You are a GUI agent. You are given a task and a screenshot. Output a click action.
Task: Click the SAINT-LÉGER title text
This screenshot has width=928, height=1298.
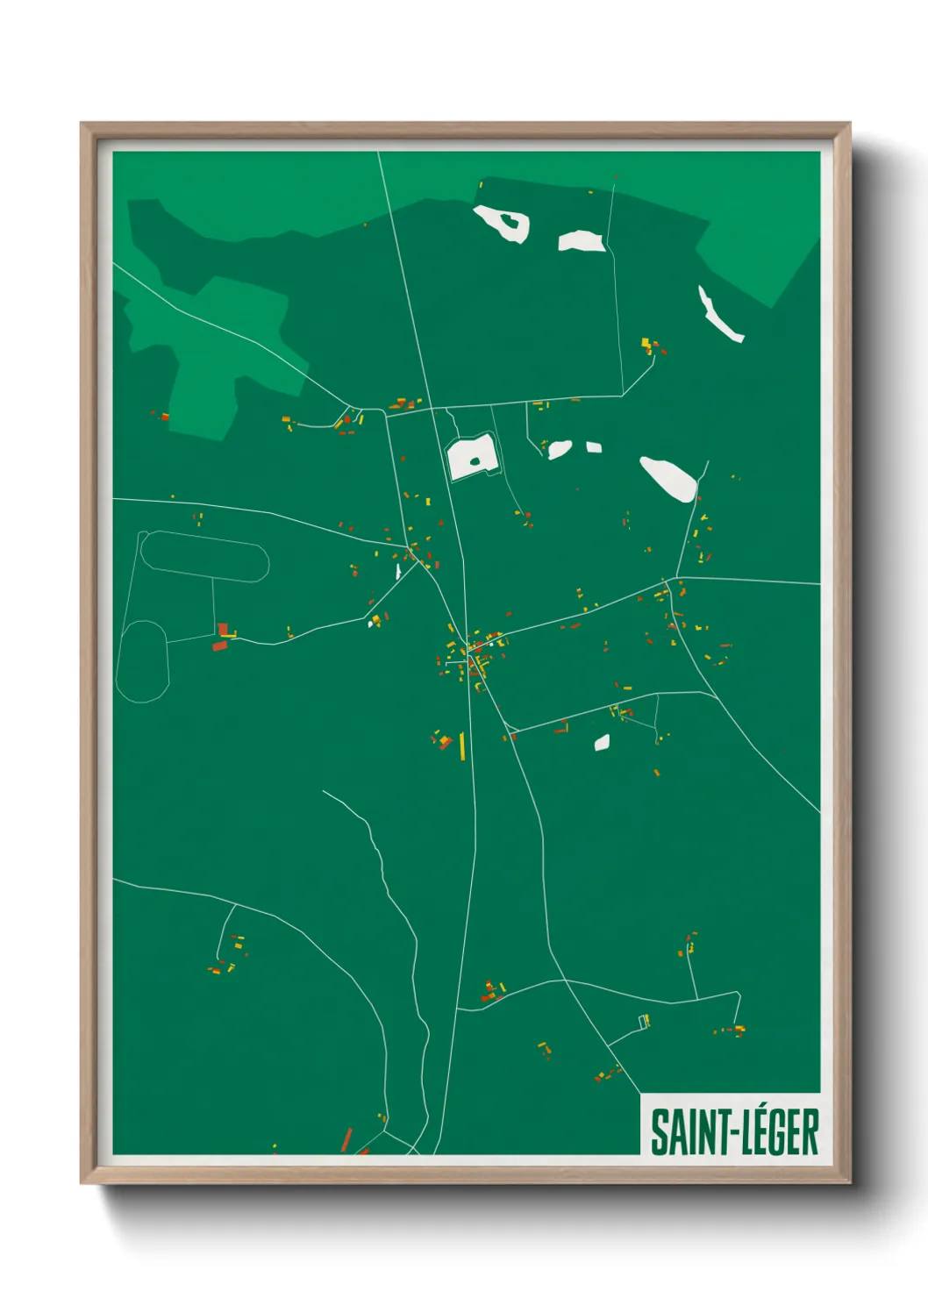pyautogui.click(x=733, y=1132)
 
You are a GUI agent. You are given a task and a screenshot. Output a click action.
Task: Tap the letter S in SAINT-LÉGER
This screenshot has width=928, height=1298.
pyautogui.click(x=659, y=1133)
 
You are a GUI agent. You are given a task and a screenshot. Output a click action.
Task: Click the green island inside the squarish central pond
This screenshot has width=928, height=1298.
pyautogui.click(x=475, y=460)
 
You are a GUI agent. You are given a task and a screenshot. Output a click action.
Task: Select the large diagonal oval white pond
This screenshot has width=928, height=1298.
pyautogui.click(x=668, y=478)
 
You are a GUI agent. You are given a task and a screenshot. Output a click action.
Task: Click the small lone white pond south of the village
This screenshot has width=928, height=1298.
pyautogui.click(x=602, y=743)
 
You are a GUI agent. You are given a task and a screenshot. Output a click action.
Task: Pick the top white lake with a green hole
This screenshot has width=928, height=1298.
pyautogui.click(x=502, y=223)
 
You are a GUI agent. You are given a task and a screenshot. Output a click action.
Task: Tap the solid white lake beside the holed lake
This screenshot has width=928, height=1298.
pyautogui.click(x=582, y=240)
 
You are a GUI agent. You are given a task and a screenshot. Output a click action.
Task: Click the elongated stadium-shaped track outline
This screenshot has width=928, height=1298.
pyautogui.click(x=204, y=556)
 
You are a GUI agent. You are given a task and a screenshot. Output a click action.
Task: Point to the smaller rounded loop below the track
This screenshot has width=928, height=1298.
pyautogui.click(x=142, y=661)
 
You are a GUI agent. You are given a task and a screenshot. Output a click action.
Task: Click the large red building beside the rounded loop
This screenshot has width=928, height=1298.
pyautogui.click(x=219, y=646)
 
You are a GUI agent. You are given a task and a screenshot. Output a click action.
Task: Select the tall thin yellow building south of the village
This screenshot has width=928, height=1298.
pyautogui.click(x=462, y=745)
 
